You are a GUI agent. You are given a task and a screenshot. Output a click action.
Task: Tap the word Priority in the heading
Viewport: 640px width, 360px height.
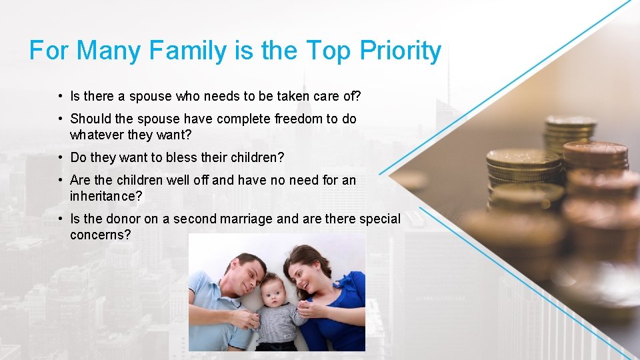[401, 51]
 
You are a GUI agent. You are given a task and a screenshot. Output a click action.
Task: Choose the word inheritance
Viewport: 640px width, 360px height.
[106, 196]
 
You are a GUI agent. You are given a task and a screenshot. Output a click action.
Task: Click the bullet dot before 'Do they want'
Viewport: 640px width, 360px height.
[61, 157]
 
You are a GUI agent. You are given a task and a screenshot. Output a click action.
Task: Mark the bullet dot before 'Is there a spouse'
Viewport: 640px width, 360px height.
[61, 96]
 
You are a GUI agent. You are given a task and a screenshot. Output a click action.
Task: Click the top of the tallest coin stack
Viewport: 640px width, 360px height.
[571, 121]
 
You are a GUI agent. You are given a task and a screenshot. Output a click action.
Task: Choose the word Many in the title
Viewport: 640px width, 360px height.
[109, 51]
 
